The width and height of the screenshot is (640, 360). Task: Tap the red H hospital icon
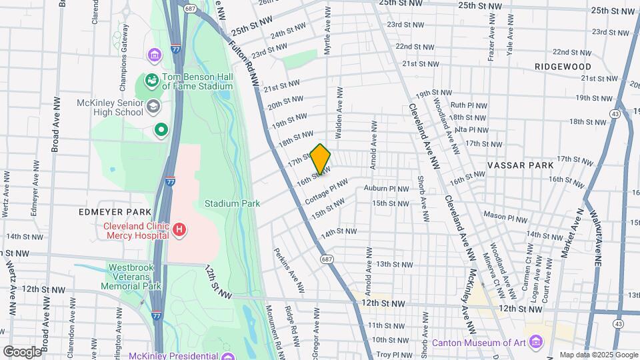(178, 230)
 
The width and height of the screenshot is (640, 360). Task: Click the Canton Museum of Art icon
(535, 343)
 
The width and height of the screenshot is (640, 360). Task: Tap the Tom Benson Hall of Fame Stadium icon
(151, 81)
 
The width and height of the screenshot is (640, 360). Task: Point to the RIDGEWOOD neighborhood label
(563, 67)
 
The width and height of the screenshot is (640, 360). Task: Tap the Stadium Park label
(232, 203)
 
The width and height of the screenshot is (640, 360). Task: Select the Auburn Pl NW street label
(386, 189)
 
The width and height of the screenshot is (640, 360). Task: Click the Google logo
(22, 351)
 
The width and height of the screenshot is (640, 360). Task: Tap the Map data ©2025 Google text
(598, 355)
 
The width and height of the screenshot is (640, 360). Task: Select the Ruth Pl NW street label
(469, 105)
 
